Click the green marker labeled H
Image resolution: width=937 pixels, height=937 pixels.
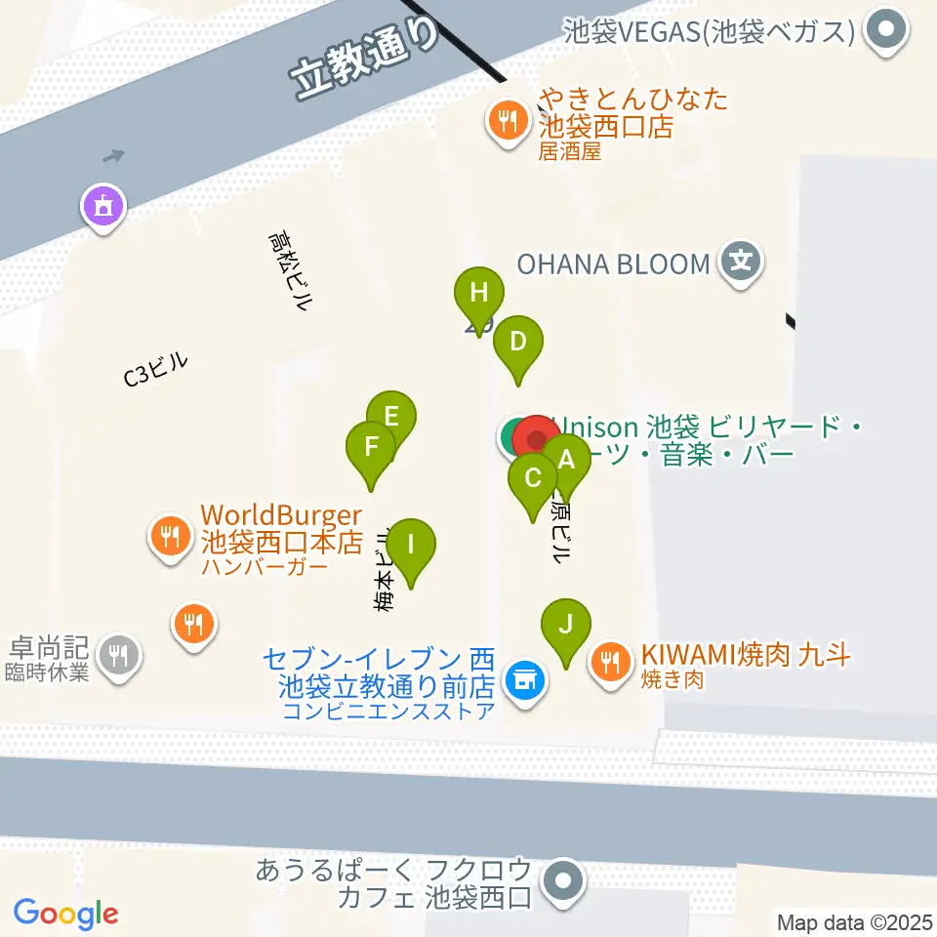coord(478,294)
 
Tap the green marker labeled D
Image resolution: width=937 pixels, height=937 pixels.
coord(518,343)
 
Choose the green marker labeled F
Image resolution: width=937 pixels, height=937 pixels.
coord(371,448)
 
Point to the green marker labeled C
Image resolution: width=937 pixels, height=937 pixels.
coord(533,479)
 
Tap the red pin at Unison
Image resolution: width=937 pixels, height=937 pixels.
coord(537,438)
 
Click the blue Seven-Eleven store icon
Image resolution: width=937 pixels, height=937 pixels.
coord(524,676)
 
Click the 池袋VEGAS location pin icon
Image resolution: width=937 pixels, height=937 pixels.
coord(886,30)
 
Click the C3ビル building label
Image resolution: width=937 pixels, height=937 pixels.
coord(156,370)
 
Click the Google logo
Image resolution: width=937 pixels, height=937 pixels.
coord(65,914)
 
